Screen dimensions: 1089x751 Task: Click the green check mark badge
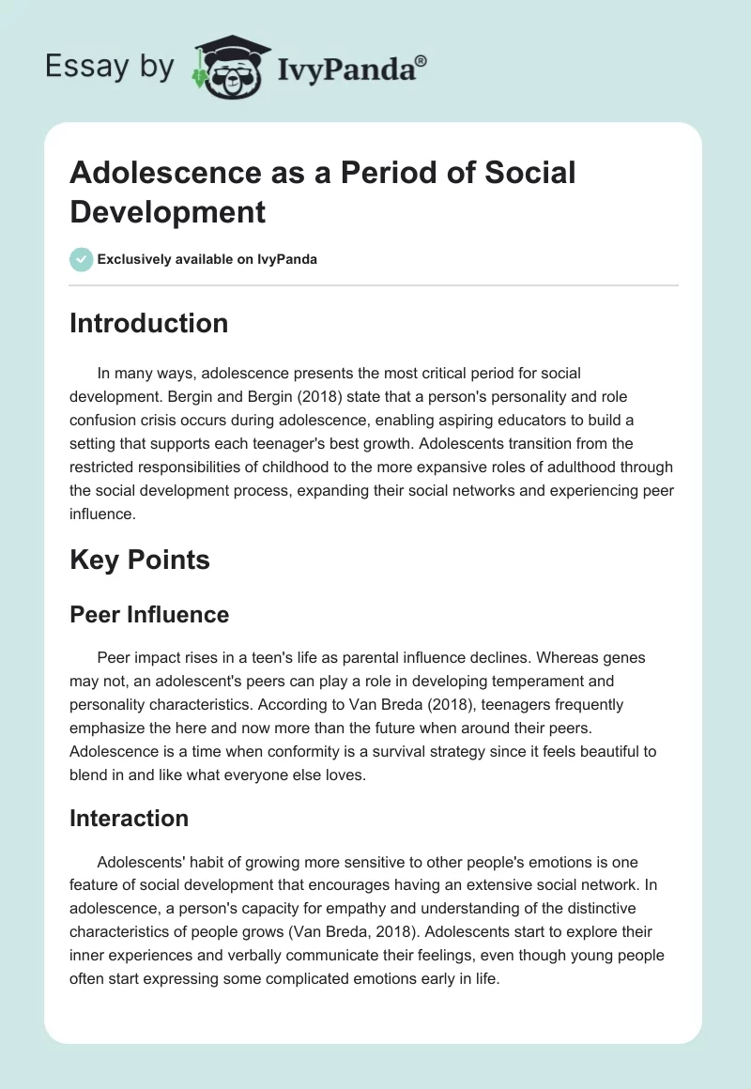point(82,259)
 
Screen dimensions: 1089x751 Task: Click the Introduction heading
point(148,323)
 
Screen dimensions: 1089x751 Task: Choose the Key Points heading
point(140,560)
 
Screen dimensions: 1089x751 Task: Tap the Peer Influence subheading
point(149,615)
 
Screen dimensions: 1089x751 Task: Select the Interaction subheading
point(129,818)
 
